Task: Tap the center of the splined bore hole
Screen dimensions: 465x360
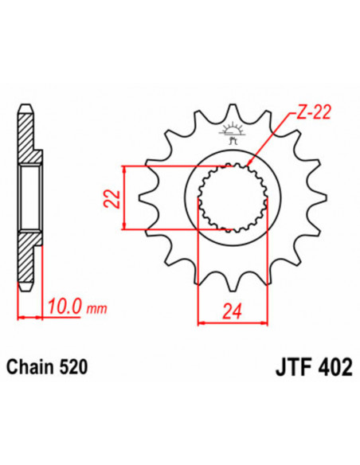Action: coord(234,197)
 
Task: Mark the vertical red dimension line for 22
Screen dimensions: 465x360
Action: coord(125,197)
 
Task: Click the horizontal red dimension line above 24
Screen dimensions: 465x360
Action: coord(234,322)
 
